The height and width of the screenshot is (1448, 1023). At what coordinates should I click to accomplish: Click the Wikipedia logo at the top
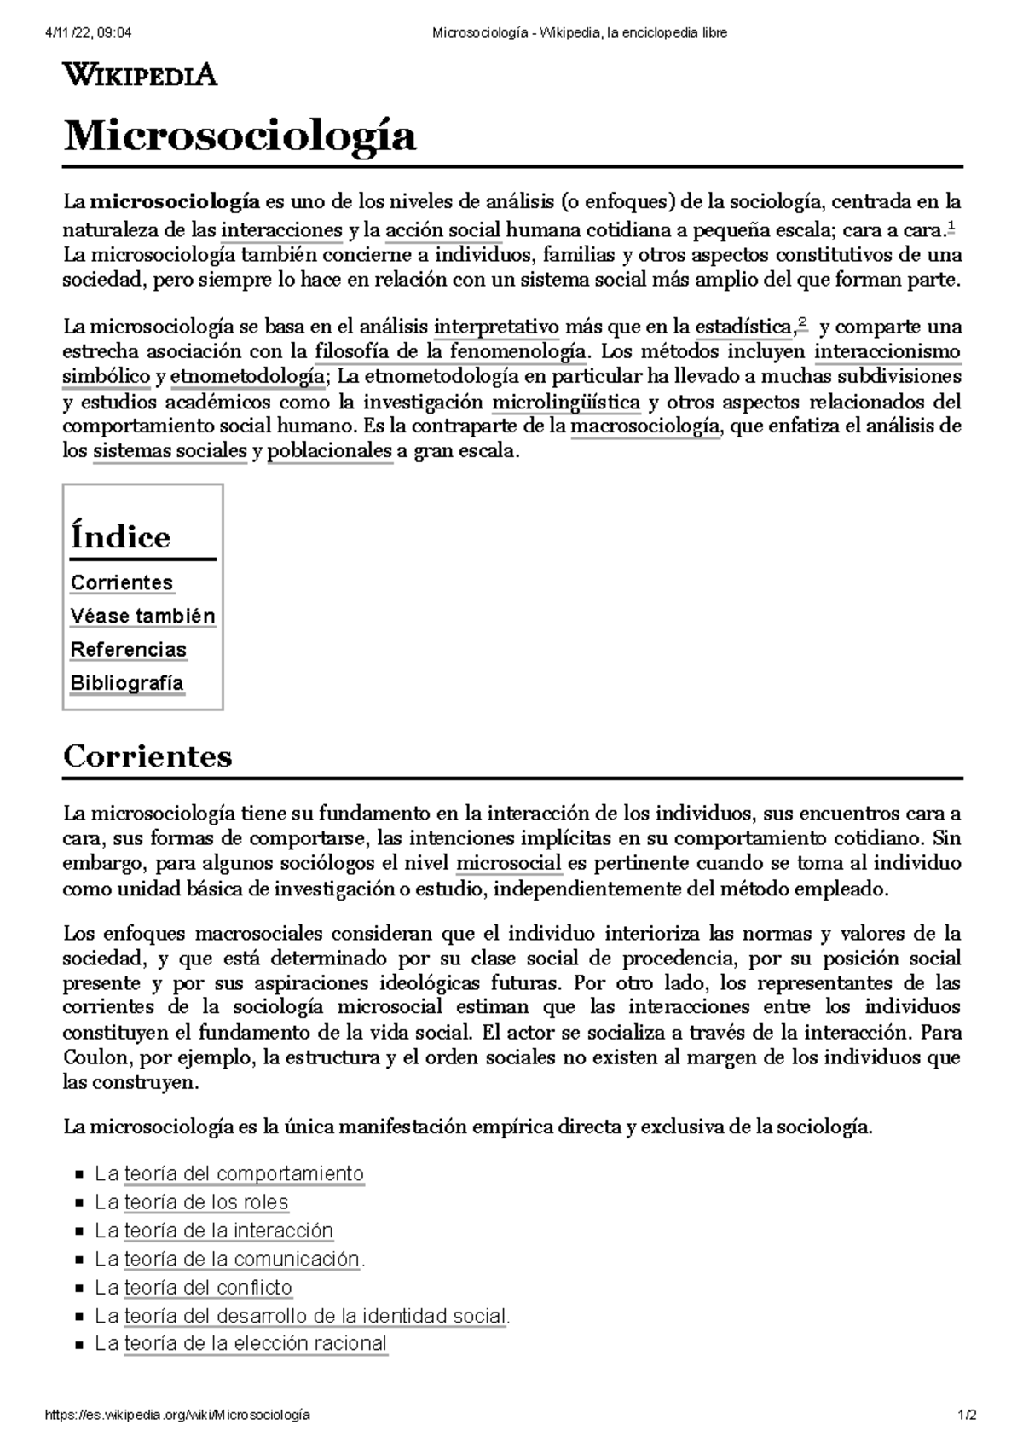pos(141,75)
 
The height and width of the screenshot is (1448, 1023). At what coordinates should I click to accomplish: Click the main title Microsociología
pos(240,136)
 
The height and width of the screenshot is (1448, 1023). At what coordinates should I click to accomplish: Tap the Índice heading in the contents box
pos(120,536)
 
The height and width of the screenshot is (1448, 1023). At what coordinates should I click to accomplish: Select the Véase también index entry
pos(142,616)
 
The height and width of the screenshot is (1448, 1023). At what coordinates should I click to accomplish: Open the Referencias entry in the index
pos(128,649)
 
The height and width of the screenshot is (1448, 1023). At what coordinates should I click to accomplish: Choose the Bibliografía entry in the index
pos(127,683)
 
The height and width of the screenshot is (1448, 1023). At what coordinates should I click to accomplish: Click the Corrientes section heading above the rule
pos(147,756)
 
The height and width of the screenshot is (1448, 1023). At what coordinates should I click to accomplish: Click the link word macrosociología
pos(645,426)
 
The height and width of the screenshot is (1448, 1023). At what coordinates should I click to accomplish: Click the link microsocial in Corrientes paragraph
pos(509,863)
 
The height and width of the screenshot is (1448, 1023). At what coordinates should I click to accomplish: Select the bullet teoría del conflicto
pos(208,1288)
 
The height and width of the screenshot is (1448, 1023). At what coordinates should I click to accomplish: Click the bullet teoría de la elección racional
pos(255,1344)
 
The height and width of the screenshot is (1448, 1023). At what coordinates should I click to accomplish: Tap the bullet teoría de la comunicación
pos(242,1260)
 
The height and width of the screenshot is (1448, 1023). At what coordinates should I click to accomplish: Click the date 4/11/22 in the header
pos(72,33)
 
